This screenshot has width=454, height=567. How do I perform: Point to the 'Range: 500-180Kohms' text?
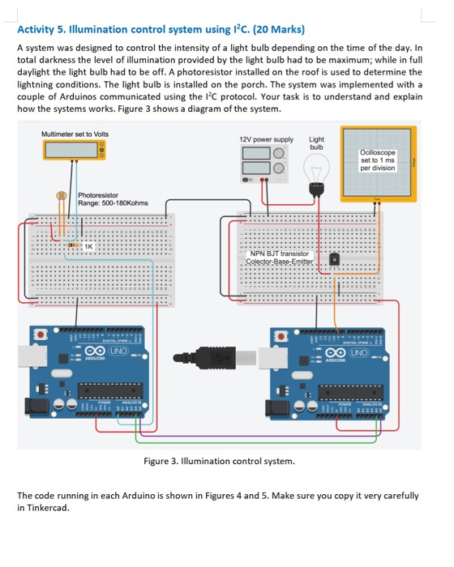click(x=109, y=204)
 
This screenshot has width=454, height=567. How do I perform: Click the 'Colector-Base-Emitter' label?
click(x=281, y=261)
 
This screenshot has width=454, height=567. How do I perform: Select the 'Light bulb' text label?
click(x=316, y=143)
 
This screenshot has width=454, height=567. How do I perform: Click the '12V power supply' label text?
click(x=266, y=139)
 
